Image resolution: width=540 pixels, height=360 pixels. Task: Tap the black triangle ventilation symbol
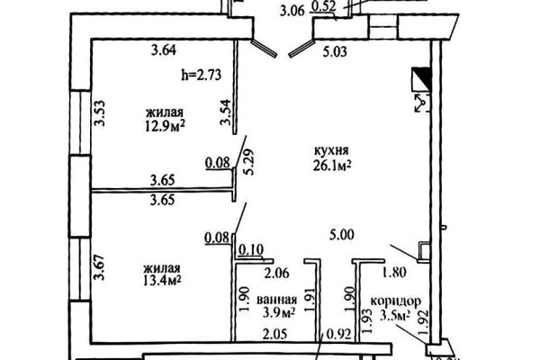tap(420, 78)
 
